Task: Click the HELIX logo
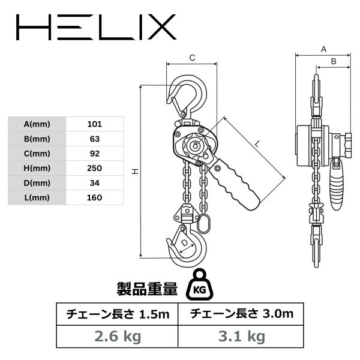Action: (96, 27)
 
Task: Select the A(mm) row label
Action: (37, 124)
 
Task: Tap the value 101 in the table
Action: (95, 124)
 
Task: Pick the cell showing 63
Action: (95, 139)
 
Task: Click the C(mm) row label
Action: (37, 154)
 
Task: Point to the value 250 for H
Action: (95, 168)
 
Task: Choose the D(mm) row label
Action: (37, 183)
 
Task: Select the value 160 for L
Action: (95, 197)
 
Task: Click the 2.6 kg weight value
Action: (118, 337)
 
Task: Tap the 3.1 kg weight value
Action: (242, 337)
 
